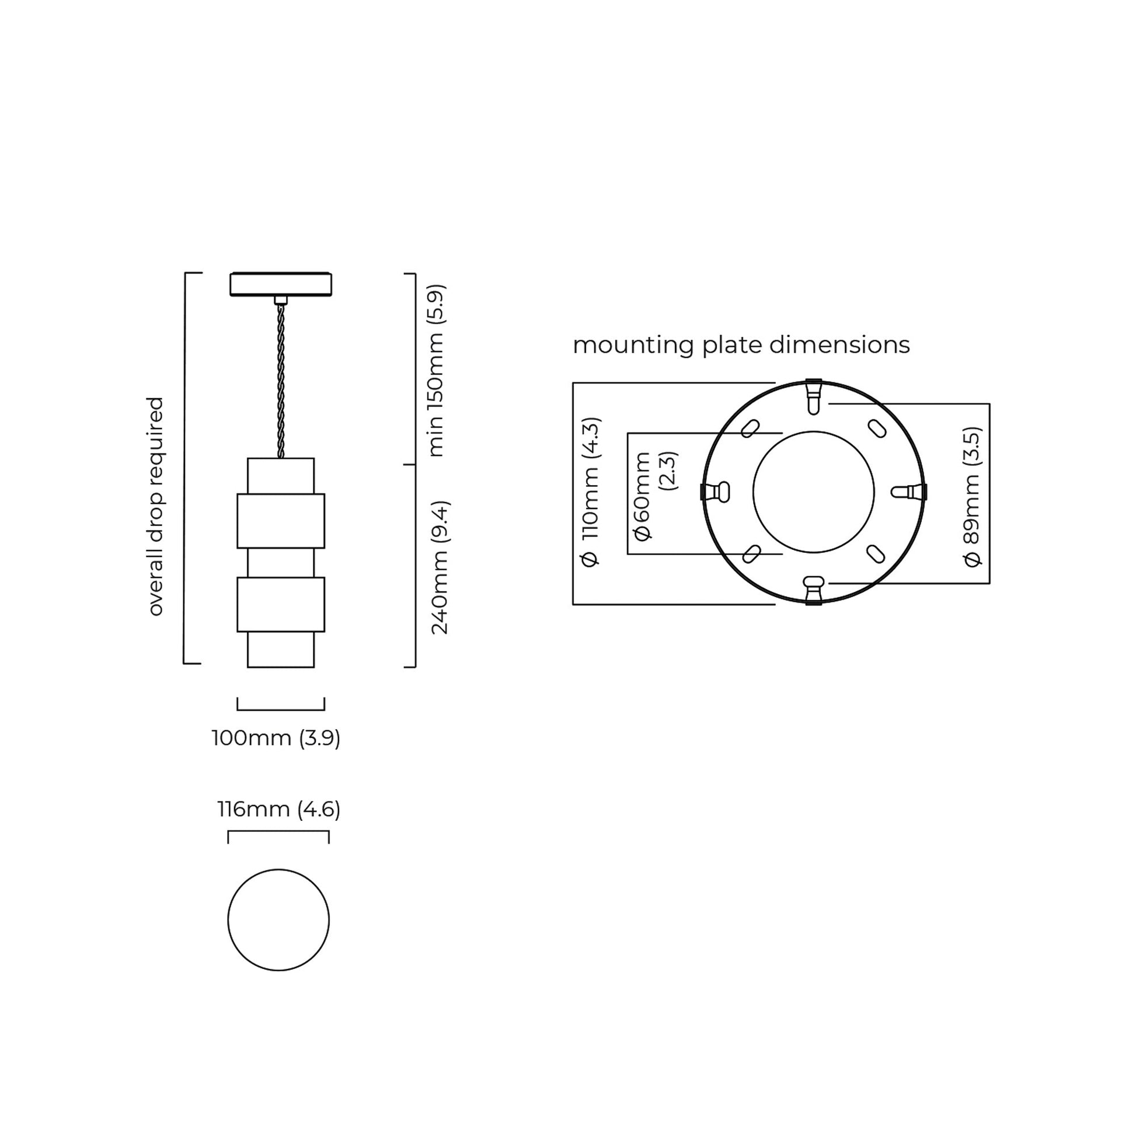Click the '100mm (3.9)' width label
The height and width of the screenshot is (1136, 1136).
coord(276,738)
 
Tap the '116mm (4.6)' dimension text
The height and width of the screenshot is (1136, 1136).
coord(278,810)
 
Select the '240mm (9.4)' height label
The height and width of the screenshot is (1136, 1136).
coord(440,568)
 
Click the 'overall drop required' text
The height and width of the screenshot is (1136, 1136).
coord(155,506)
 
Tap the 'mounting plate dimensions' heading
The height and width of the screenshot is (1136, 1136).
coord(741,345)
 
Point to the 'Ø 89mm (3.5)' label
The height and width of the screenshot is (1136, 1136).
coord(973,497)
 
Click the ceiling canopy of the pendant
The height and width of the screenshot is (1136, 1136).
coord(280,284)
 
